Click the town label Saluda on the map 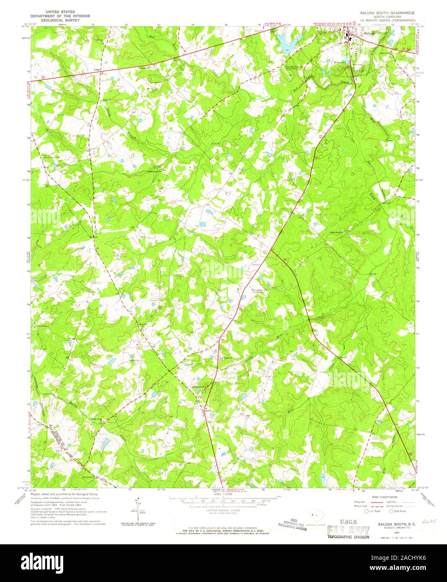pyautogui.click(x=369, y=33)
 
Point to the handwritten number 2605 pyautogui.click(x=429, y=521)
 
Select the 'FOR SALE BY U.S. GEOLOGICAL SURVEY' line pyautogui.click(x=223, y=530)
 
